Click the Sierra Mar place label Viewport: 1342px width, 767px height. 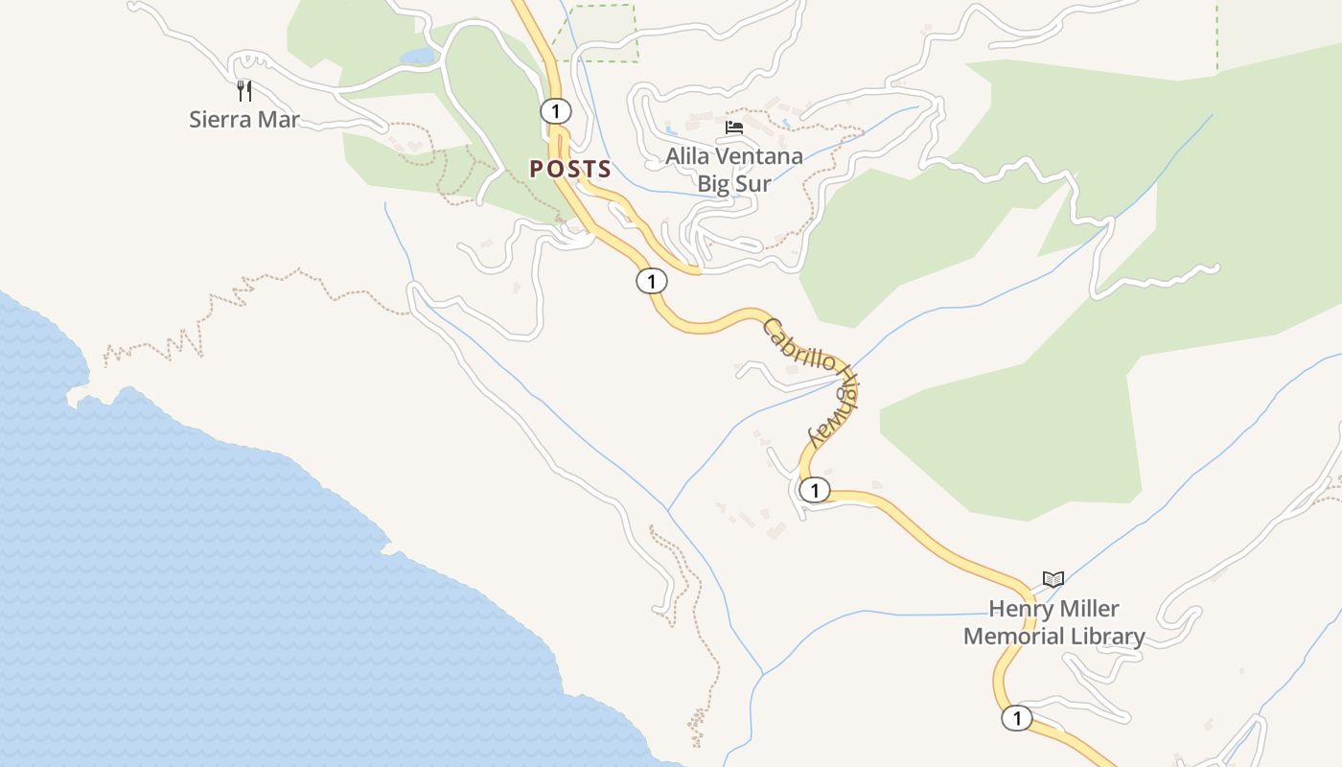tap(244, 120)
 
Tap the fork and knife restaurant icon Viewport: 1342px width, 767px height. tap(244, 91)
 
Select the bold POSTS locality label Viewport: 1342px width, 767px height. tap(570, 170)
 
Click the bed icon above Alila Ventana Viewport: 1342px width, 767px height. tap(734, 127)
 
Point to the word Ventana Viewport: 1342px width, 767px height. tap(763, 155)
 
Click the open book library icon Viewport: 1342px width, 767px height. tap(1053, 580)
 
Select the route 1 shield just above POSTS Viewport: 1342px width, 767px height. tap(555, 111)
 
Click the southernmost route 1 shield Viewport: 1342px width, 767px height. tap(1016, 717)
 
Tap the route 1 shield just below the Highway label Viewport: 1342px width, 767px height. tap(814, 491)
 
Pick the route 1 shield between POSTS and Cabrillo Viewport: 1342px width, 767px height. tap(651, 281)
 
